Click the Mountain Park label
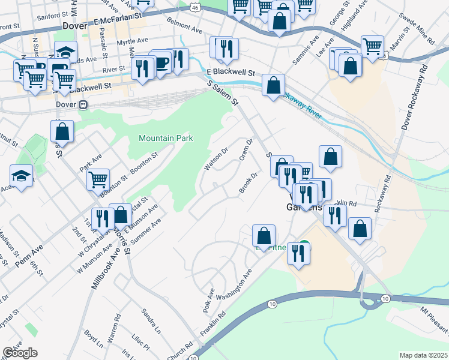[166, 138]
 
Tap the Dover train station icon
[83, 104]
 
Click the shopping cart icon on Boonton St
[98, 179]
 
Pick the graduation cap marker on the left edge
[22, 176]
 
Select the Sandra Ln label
[151, 321]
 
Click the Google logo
[20, 353]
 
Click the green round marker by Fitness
[305, 245]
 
